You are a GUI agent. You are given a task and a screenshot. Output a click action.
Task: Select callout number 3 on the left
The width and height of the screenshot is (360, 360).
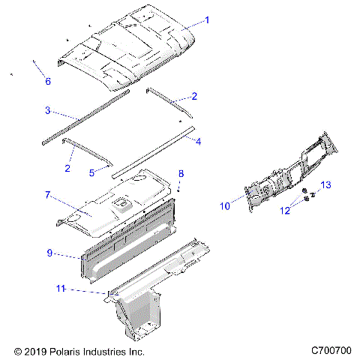47,110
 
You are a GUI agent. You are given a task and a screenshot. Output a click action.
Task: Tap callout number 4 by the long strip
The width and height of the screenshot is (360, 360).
199,139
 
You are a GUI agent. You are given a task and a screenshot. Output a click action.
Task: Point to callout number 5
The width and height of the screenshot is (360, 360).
91,172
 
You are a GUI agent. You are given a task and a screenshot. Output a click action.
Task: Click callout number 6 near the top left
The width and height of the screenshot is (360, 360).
48,81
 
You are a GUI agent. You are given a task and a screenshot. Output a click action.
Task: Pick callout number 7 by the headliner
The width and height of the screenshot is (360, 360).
47,195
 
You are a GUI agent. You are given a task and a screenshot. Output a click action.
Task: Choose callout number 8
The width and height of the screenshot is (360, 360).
180,174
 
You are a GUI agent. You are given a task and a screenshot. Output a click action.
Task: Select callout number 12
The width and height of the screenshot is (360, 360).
284,211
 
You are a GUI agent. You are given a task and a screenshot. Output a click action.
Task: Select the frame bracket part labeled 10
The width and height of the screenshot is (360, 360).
285,176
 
